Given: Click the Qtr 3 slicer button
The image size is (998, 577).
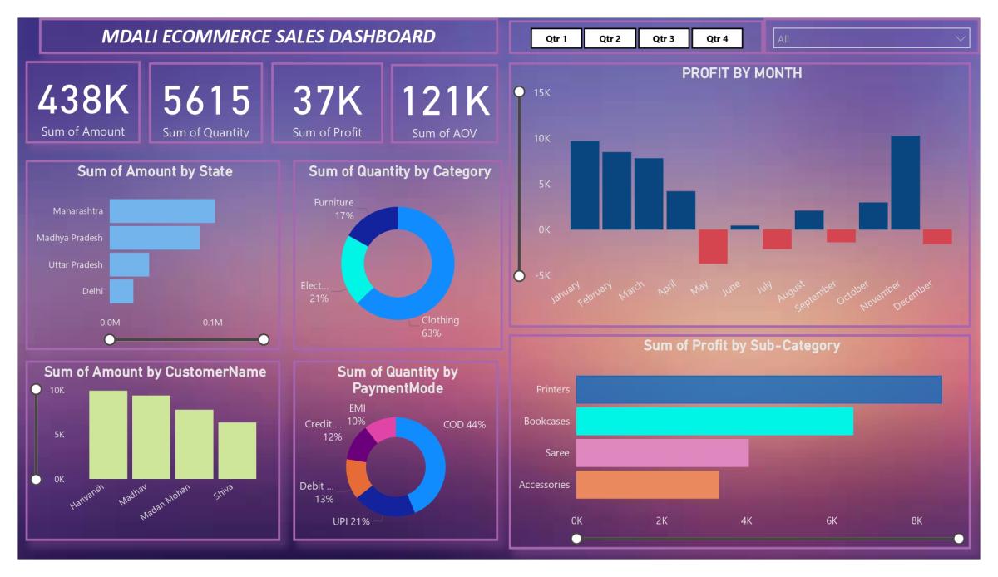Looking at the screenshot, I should pos(664,38).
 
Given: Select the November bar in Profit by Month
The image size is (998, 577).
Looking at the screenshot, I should pos(905,182).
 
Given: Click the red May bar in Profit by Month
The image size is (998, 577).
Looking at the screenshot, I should pos(713,246).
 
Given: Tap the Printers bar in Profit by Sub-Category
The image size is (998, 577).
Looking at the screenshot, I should pos(758,389).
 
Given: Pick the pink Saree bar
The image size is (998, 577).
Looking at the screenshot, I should pos(662,453).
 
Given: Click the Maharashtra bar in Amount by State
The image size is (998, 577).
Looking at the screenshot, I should pos(162,211).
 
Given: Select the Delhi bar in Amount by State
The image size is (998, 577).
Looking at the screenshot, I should pos(121,291).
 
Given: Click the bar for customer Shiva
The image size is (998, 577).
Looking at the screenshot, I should pos(237,451).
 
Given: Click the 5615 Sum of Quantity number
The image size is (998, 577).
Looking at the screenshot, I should pos(205,101).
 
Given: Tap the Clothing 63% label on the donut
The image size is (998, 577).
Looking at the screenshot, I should pos(439,327).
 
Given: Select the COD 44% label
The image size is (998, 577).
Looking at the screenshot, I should pos(464,424).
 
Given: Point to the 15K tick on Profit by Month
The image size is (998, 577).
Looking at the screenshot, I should pos(541,92).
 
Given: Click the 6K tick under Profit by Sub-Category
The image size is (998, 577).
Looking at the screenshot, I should pos(831,520).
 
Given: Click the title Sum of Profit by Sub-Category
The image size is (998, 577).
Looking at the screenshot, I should pos(742,346).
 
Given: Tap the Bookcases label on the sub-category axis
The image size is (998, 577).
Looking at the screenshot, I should pos(546,422).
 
